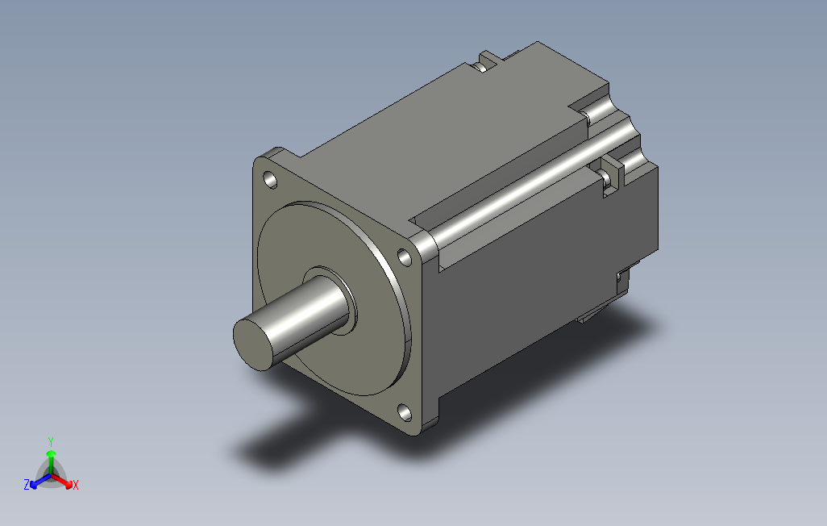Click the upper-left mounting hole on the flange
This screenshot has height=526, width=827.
pos(270,180)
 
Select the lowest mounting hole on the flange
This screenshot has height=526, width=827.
pos(405,412)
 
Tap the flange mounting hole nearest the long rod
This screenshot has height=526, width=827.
pos(405,257)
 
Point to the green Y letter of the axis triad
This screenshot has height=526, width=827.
pos(51,441)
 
